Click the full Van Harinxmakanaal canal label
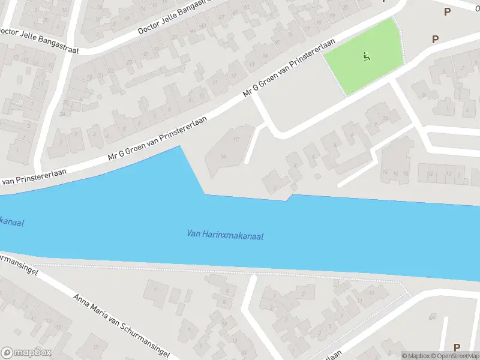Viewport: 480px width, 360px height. pos(225,235)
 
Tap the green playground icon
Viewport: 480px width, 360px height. pos(366,57)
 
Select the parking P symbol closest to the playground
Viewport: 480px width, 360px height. pos(435,39)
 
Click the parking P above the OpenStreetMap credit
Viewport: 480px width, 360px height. pos(457,347)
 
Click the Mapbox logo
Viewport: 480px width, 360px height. pos(26,353)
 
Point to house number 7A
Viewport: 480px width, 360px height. pos(433,316)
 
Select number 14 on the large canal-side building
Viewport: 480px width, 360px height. pos(223,156)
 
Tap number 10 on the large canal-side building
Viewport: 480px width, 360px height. pos(236,139)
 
